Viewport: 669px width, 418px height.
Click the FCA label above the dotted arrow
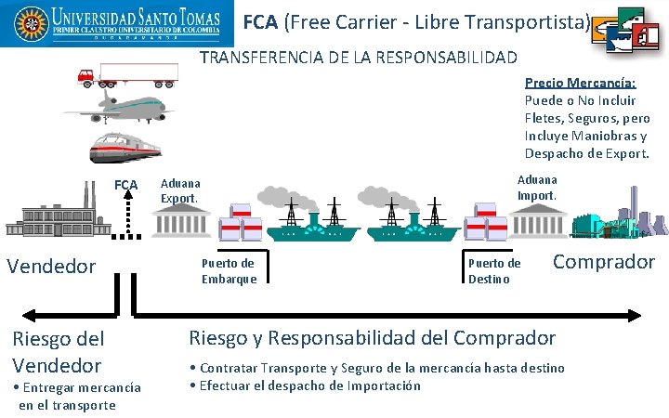coord(125,185)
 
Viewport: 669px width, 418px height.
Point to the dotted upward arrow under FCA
coord(126,216)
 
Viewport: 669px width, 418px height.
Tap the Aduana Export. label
coord(180,191)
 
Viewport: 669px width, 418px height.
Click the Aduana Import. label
coord(537,188)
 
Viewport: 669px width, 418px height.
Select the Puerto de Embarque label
coord(229,270)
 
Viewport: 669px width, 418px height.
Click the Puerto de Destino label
coord(494,270)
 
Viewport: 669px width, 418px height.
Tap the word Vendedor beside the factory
coord(51,267)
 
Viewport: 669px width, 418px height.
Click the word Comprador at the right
coord(604,262)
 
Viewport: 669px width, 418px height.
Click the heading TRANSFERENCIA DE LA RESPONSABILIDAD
coord(359,58)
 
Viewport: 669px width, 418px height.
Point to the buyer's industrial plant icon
coord(619,223)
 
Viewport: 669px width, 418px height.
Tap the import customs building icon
coord(538,220)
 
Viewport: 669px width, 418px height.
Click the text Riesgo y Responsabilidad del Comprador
coord(372,338)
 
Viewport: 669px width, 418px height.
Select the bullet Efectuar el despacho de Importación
coord(305,385)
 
